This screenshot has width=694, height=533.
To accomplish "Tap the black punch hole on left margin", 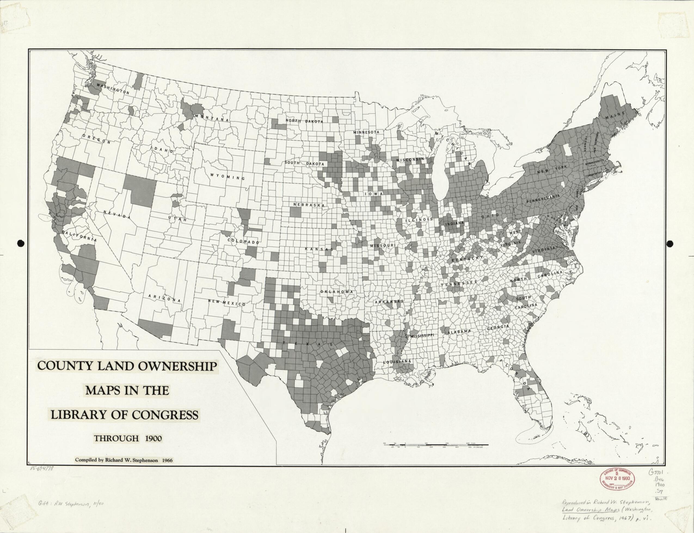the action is pos(21,243).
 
